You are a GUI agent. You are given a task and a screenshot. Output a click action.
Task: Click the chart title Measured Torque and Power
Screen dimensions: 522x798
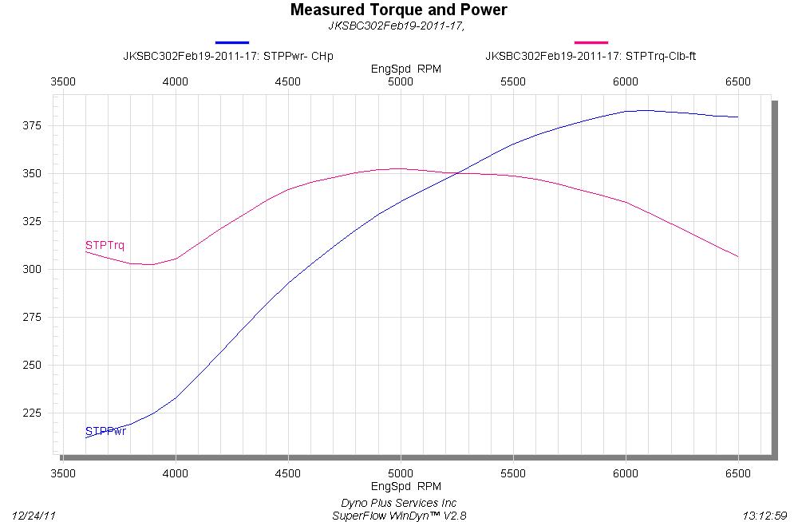[x=398, y=10]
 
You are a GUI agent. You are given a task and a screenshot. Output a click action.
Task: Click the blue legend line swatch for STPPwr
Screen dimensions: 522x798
[x=232, y=42]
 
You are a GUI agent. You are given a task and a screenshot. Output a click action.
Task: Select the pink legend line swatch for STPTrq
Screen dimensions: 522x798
[x=591, y=42]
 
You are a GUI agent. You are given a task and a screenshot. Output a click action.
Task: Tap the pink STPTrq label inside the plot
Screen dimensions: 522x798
[x=105, y=245]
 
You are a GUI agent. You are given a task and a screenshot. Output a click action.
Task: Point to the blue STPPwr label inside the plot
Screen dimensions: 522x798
[x=105, y=432]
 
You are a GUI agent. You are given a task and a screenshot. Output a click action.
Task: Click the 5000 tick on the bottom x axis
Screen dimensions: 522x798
[x=401, y=473]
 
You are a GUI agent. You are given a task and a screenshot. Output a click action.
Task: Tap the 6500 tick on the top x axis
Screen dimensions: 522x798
[x=738, y=81]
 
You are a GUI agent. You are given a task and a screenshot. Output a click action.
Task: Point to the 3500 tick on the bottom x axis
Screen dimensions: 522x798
[x=63, y=473]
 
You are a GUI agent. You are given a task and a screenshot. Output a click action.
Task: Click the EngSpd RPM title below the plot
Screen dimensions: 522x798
[x=406, y=486]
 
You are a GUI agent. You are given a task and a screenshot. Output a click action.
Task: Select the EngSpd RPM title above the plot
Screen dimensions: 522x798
[x=406, y=69]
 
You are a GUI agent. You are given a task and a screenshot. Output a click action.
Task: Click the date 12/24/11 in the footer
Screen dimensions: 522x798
[x=36, y=516]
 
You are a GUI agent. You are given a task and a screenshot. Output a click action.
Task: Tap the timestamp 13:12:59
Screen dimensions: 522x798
[x=764, y=516]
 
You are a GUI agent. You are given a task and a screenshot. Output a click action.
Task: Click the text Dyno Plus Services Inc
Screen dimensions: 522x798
[x=399, y=503]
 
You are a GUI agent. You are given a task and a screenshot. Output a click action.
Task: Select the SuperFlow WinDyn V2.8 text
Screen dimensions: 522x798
[x=399, y=516]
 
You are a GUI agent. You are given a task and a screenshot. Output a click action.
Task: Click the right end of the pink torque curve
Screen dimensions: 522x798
[x=738, y=256]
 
